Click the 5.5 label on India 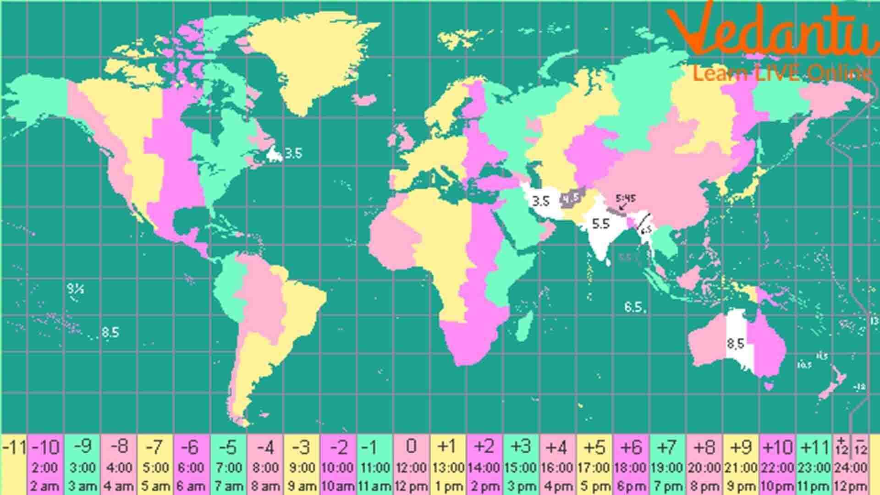[x=600, y=224]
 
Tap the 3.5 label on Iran [x=540, y=201]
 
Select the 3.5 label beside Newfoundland [x=293, y=153]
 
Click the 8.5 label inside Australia [x=736, y=343]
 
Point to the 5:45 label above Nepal [x=626, y=198]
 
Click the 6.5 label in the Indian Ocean [x=633, y=307]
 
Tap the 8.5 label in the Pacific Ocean [x=110, y=332]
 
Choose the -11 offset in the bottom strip [x=14, y=447]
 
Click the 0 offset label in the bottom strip [x=411, y=445]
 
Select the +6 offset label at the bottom [x=631, y=447]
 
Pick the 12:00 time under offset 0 [x=411, y=468]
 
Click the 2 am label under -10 [x=45, y=486]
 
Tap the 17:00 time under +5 [x=594, y=468]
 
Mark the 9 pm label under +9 [x=741, y=486]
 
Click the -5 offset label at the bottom [x=228, y=447]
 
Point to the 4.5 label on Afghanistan [x=571, y=198]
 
